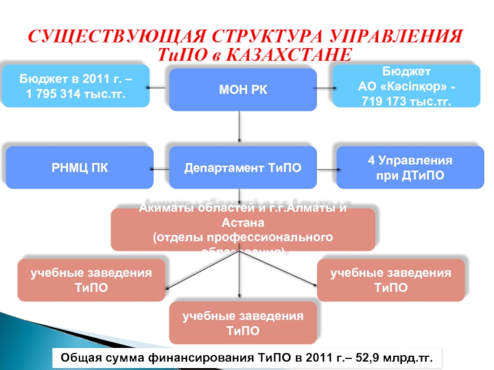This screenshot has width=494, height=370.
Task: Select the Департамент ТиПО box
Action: point(243,167)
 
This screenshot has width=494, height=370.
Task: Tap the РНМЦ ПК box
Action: point(79,167)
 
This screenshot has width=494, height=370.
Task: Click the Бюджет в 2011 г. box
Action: point(75,86)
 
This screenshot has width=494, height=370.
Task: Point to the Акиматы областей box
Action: point(243,229)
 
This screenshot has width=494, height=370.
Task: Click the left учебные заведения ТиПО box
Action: point(91,279)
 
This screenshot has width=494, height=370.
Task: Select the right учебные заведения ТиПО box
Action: point(390,279)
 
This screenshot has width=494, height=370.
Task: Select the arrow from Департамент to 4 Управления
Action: point(326,168)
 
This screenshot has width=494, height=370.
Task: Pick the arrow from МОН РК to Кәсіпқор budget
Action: point(325,88)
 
